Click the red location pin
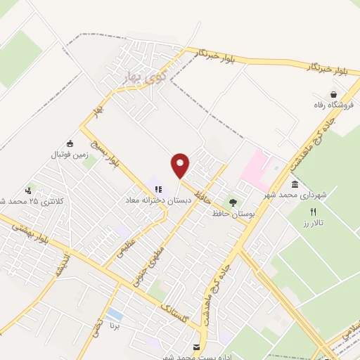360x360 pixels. click(181, 165)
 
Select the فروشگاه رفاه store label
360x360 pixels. click(334, 105)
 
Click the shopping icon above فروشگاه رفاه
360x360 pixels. click(334, 94)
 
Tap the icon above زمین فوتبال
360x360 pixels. click(69, 143)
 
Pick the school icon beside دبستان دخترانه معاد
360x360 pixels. click(159, 189)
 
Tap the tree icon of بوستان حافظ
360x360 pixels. click(233, 202)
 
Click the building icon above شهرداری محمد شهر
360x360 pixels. click(294, 185)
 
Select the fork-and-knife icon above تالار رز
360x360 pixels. click(314, 212)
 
